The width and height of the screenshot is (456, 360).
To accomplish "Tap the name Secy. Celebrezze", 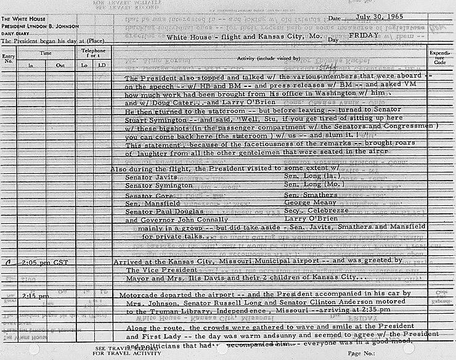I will pos(311,210).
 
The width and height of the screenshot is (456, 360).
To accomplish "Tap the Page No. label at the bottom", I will pos(362,353).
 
